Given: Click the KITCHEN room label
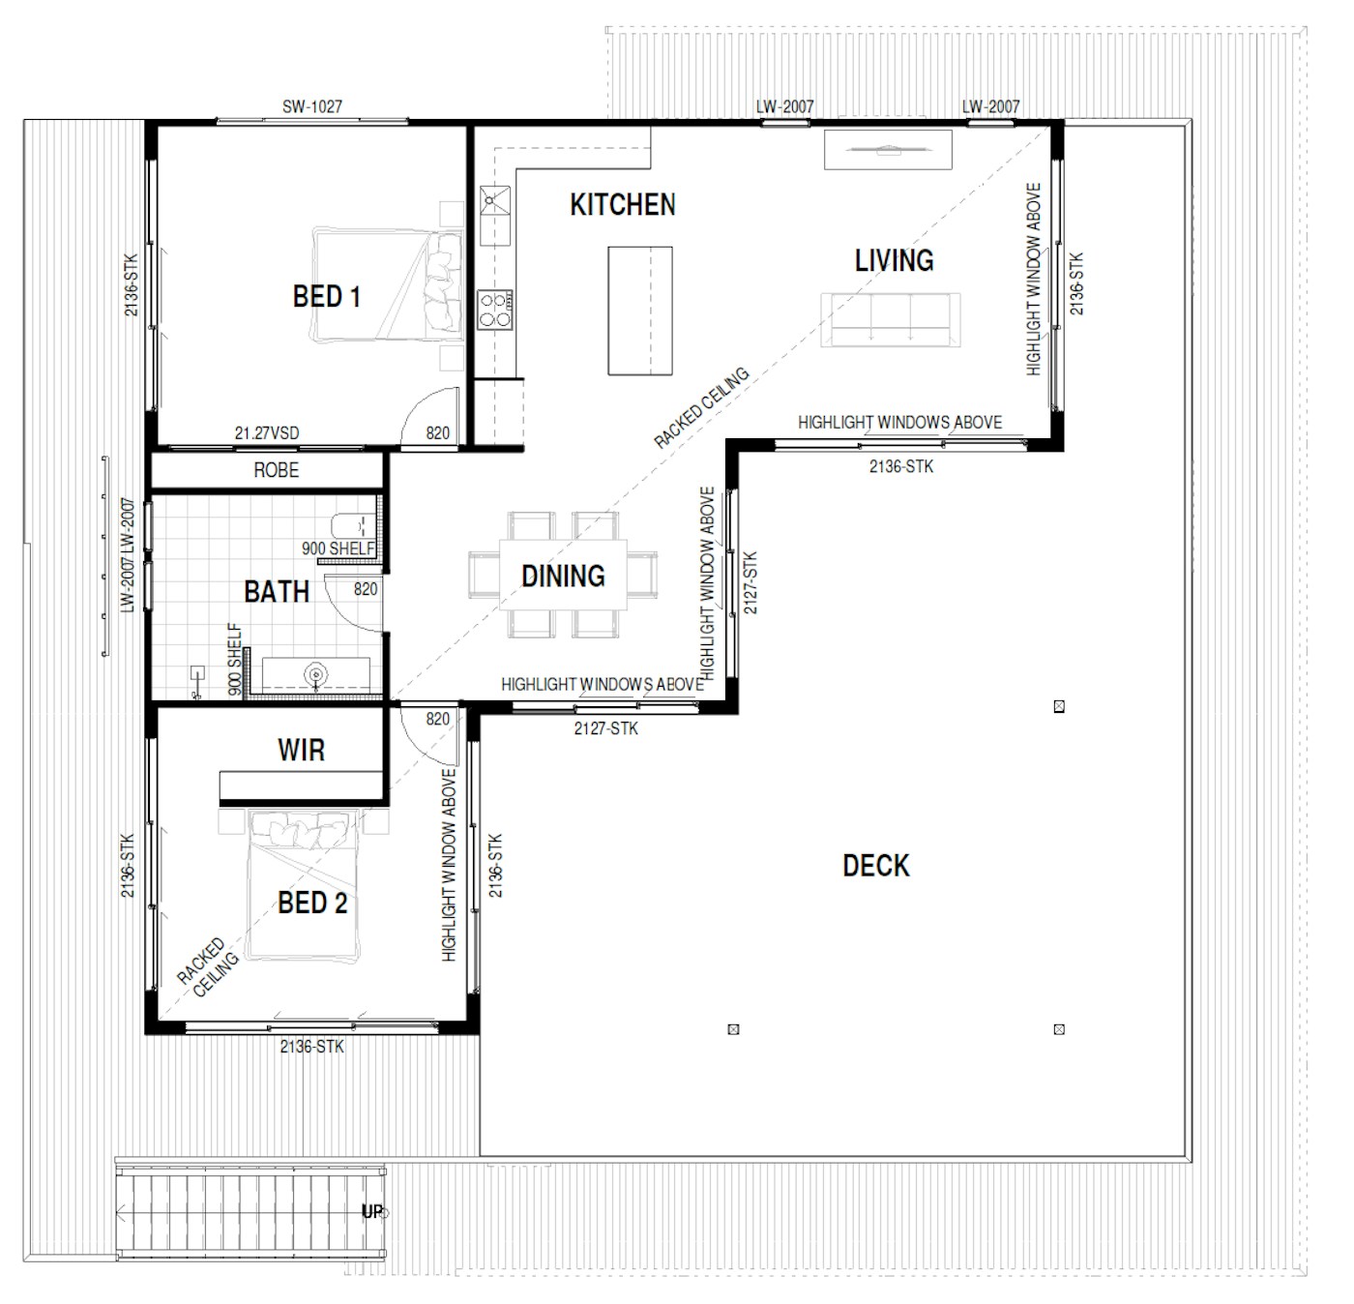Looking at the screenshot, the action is tap(622, 204).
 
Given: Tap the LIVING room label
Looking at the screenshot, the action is tap(894, 260).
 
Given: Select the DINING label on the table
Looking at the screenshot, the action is tap(563, 576).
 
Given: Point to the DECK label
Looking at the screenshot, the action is tap(876, 865).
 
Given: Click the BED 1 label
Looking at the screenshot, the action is tap(326, 296).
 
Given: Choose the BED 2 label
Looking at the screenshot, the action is tap(312, 903).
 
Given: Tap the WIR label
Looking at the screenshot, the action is tap(302, 750).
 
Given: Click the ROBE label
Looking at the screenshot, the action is tap(277, 470).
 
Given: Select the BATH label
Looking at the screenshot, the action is tap(277, 591).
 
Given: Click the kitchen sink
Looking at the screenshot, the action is tap(495, 215).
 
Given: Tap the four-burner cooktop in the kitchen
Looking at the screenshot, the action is tap(495, 310).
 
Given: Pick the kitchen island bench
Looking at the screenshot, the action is tap(640, 311).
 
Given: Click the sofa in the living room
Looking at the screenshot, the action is tap(891, 319).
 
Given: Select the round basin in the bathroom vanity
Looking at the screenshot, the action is tap(316, 674).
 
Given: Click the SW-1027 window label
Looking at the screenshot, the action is tap(311, 106).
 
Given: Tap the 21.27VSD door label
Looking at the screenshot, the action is tap(267, 432).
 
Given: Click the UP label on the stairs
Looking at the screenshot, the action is tap(373, 1211).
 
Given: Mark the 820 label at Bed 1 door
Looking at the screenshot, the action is tap(438, 432).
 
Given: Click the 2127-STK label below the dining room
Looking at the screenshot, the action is tap(605, 728).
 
